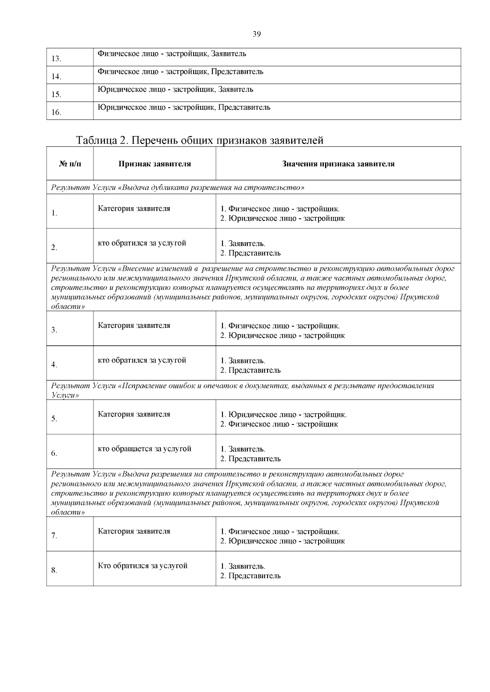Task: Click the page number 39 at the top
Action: [x=256, y=34]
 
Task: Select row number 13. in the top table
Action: [x=56, y=59]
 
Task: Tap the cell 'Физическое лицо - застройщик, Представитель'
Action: [x=180, y=72]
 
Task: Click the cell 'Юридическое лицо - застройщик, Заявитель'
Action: [x=176, y=90]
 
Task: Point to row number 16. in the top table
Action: [x=56, y=113]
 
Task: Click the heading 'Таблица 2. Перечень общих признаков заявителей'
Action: [x=200, y=140]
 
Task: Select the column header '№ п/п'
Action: [x=70, y=164]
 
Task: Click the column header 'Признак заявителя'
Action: [x=155, y=164]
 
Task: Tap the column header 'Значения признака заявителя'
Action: [x=338, y=164]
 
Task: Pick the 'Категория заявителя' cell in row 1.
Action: [x=134, y=209]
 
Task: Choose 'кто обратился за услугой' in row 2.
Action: [x=142, y=243]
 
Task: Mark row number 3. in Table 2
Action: [x=54, y=330]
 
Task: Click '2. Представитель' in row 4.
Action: [x=250, y=370]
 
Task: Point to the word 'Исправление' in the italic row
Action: [x=143, y=386]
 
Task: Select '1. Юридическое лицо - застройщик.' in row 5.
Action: [x=283, y=415]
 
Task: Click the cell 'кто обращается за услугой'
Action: [x=145, y=449]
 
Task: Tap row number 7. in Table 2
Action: [x=54, y=536]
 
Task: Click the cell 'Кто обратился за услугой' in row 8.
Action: [x=143, y=566]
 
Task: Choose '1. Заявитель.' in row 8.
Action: [x=243, y=566]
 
